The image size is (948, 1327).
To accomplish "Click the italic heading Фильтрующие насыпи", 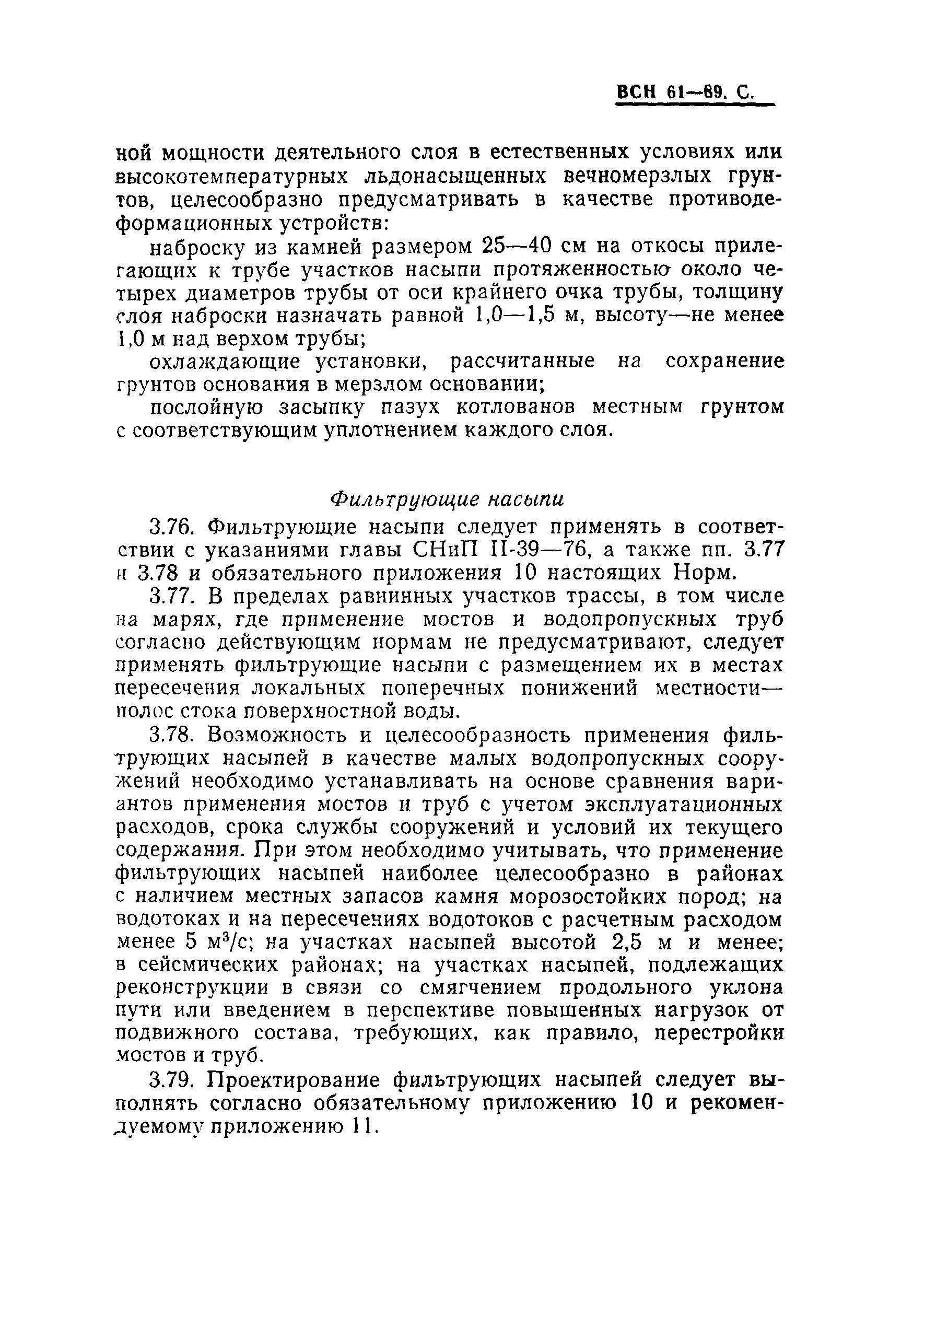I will pos(447,499).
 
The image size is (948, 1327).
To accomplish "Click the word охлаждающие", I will pos(225,362).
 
